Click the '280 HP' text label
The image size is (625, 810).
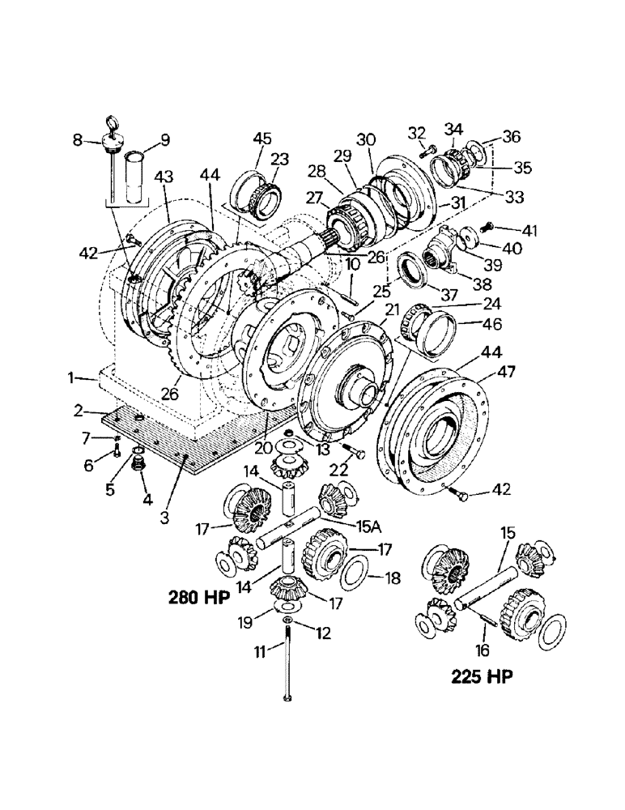[x=199, y=599]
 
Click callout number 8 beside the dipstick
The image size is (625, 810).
[x=78, y=139]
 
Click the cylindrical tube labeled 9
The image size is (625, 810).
[x=132, y=172]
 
